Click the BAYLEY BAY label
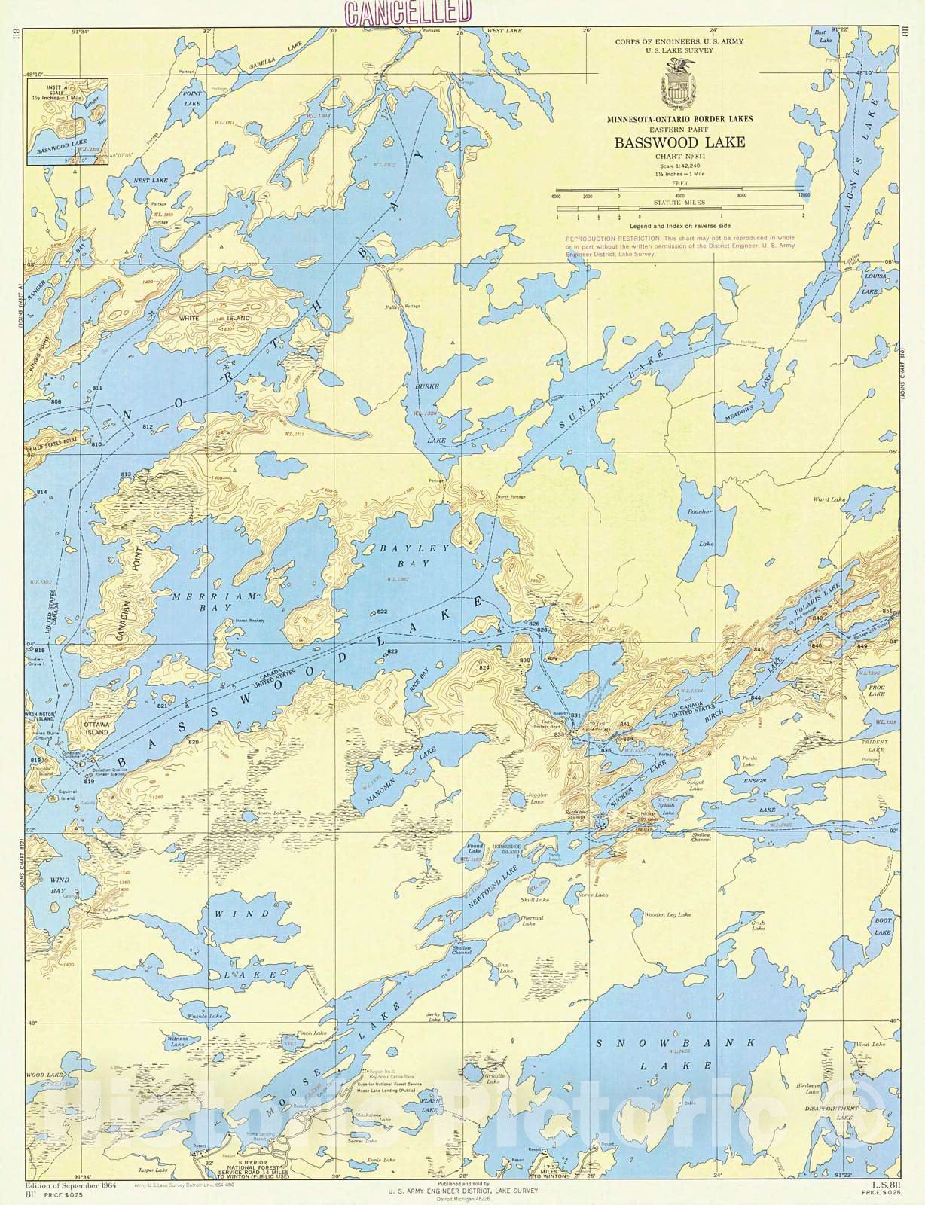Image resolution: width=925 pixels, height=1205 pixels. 404,556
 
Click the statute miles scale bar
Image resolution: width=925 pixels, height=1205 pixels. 678,210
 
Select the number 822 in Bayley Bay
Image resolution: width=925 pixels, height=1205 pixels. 382,611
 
